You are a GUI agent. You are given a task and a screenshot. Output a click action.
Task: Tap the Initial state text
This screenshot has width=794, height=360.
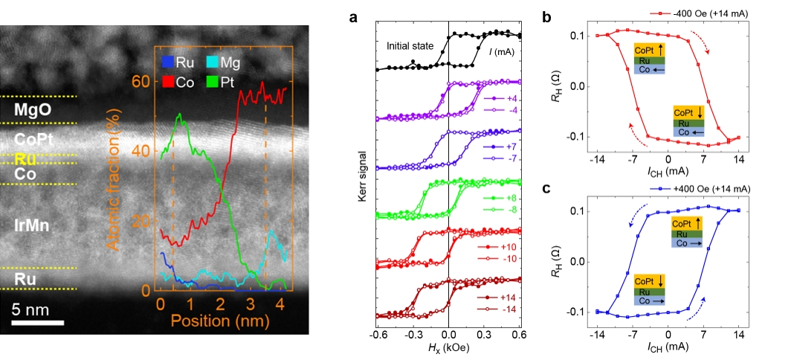[x=410, y=46]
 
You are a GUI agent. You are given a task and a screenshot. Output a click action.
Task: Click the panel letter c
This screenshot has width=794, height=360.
[x=546, y=188]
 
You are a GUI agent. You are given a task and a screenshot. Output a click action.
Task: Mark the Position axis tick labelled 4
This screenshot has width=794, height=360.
[x=280, y=305]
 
